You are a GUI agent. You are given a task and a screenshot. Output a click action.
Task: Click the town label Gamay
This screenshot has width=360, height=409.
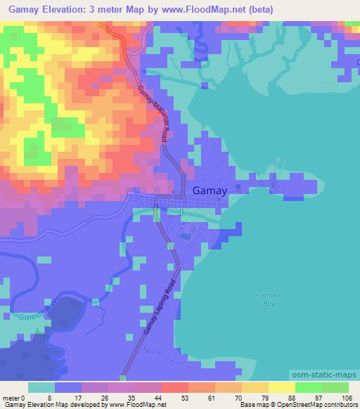point(208,191)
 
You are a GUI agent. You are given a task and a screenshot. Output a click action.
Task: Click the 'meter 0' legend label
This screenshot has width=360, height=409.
point(13,397)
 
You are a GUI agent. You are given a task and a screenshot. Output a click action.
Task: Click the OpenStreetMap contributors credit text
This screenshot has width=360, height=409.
point(311,405)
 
